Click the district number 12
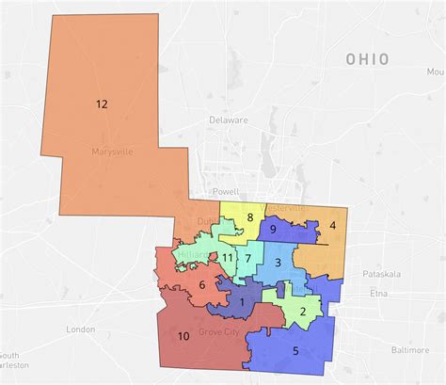point(102,105)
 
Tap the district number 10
point(183,336)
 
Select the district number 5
point(295,351)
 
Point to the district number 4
point(332,226)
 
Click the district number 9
point(272,229)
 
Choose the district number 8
point(201,286)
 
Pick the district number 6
point(247,258)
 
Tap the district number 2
point(249,218)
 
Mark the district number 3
point(278,263)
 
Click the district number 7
point(247,258)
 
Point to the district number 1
point(243,301)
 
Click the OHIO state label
point(368,58)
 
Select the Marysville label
point(113,152)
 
